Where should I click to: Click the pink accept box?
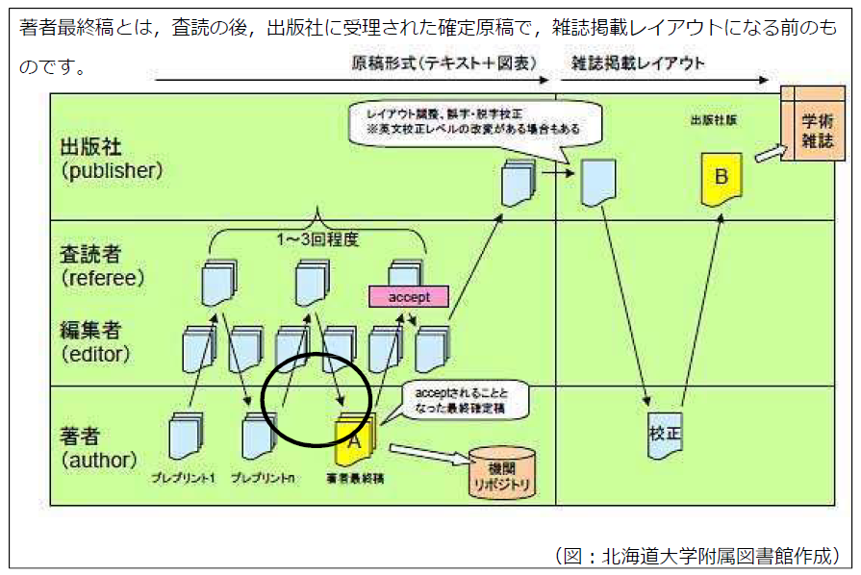pyautogui.click(x=409, y=297)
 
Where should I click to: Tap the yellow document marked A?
pyautogui.click(x=354, y=439)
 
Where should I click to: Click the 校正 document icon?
pyautogui.click(x=665, y=434)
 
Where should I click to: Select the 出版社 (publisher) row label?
pyautogui.click(x=112, y=158)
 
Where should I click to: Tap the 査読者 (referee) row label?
pyautogui.click(x=102, y=264)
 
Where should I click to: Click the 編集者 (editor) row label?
pyautogui.click(x=97, y=342)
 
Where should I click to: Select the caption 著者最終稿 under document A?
pyautogui.click(x=354, y=477)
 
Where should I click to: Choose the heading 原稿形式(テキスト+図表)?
pyautogui.click(x=444, y=63)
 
